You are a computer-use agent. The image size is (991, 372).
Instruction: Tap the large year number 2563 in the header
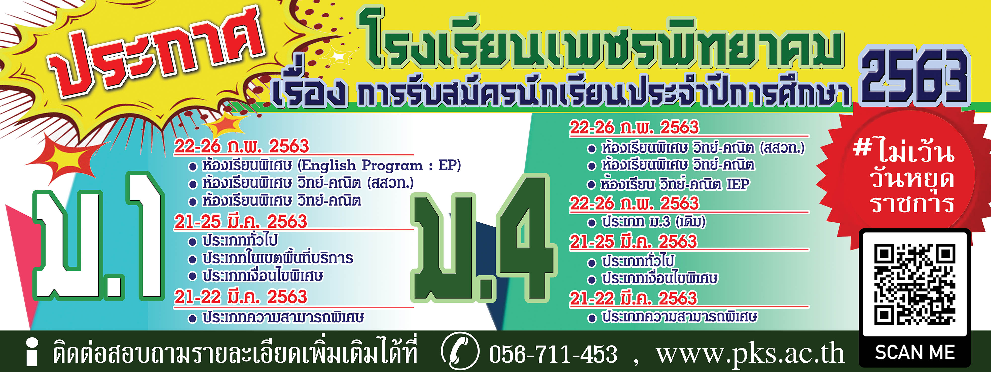915,77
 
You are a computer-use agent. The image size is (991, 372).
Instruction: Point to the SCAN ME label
915,352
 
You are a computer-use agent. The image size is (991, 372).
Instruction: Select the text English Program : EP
381,165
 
